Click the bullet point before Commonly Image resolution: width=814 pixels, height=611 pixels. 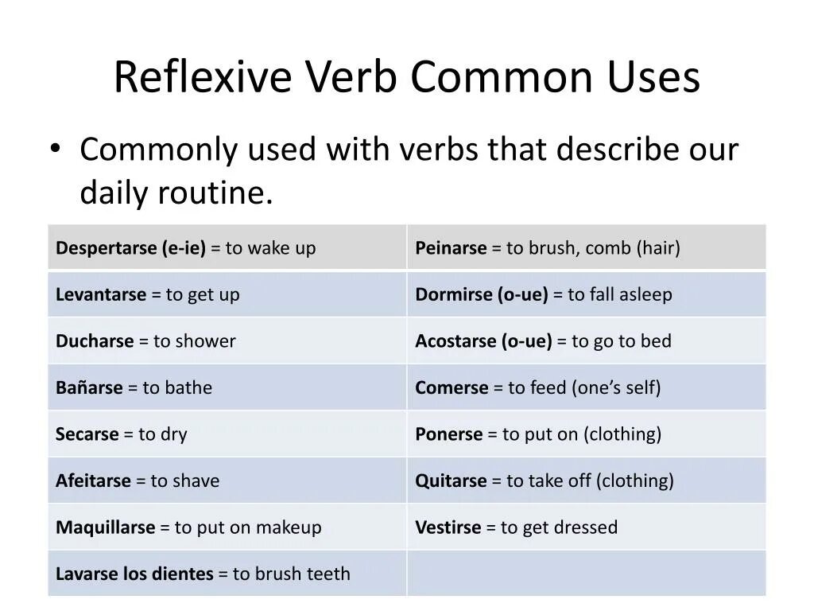tap(54, 149)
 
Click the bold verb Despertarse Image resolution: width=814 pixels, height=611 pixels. tap(107, 248)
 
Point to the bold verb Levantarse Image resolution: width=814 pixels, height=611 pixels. tap(101, 294)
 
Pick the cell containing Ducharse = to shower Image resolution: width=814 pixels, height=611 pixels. tap(227, 341)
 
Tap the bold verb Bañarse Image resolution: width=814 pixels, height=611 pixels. tap(89, 387)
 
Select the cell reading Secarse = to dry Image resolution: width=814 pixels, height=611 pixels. tap(227, 434)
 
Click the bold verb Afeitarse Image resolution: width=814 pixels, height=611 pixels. tap(93, 481)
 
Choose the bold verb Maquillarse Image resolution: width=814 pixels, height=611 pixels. tap(105, 527)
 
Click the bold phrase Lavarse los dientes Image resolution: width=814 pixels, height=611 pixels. tap(134, 574)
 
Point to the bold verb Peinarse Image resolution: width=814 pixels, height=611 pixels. tap(451, 248)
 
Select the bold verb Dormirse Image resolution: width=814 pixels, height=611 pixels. tap(454, 294)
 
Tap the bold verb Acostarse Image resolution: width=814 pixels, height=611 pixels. tap(456, 341)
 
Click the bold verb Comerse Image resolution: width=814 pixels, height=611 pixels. tap(452, 387)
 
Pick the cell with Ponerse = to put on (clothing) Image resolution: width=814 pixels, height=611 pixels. tap(587, 434)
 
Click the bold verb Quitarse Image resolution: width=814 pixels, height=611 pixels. tap(451, 481)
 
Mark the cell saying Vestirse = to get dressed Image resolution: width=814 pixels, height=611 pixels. tap(587, 527)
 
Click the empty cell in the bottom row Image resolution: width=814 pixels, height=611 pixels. tap(587, 574)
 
